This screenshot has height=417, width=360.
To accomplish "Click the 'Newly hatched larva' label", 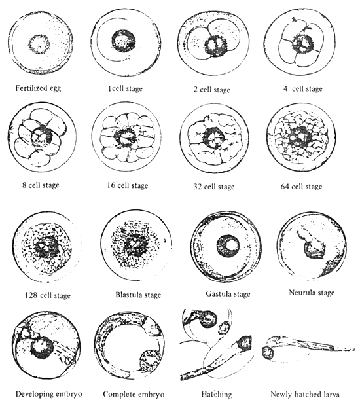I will point(304,394).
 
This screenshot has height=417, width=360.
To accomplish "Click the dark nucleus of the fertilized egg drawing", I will point(39,45).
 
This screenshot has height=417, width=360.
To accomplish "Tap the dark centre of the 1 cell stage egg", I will point(123,41).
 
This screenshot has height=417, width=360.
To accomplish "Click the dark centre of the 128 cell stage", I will point(46,247).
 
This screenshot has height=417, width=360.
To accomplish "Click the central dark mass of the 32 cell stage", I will point(213,138).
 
